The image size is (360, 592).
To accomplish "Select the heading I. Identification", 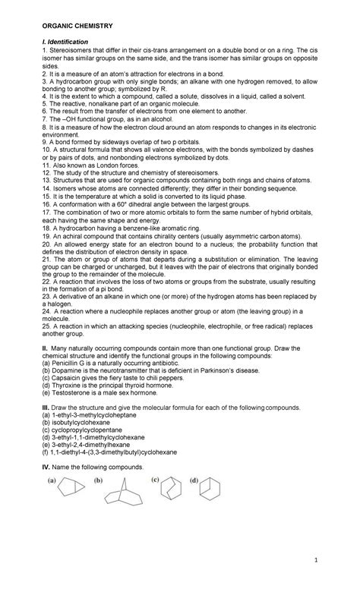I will tap(64, 41).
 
